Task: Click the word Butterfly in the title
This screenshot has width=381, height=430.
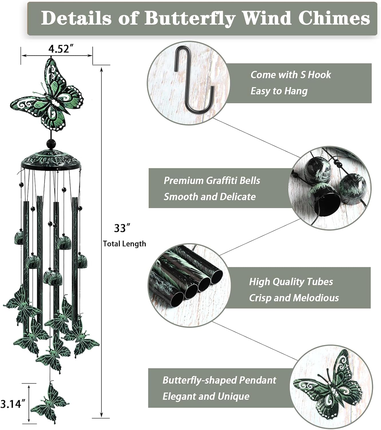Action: [x=189, y=18]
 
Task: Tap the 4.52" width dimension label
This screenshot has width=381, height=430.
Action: [x=59, y=49]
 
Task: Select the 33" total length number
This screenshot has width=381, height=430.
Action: [x=122, y=228]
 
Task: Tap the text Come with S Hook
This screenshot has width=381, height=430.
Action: [x=291, y=75]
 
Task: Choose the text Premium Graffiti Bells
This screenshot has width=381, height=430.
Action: [x=212, y=181]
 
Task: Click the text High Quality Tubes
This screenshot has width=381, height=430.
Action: [x=291, y=282]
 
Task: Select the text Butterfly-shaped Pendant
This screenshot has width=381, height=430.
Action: [x=219, y=380]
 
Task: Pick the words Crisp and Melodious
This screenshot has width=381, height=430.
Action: [x=294, y=298]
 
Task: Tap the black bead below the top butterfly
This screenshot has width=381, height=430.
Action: [x=51, y=143]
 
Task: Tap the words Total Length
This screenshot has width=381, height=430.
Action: [x=125, y=244]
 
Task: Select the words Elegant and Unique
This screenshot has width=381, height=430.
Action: [x=206, y=397]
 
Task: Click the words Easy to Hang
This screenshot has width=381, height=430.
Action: [x=279, y=91]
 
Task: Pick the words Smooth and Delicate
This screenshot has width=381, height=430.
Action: [x=210, y=197]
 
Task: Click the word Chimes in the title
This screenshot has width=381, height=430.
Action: [x=334, y=18]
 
